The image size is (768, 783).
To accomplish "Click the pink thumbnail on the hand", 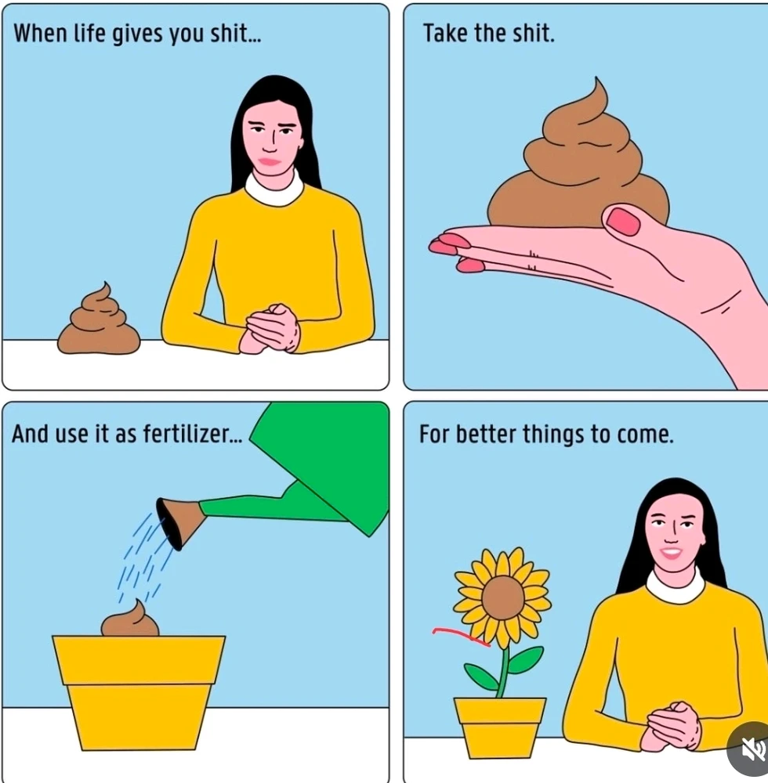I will click(622, 221).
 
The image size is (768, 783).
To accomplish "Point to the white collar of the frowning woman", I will click(274, 189).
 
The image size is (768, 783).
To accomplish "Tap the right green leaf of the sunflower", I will click(525, 660).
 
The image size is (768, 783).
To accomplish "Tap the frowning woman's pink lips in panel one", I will click(270, 161).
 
